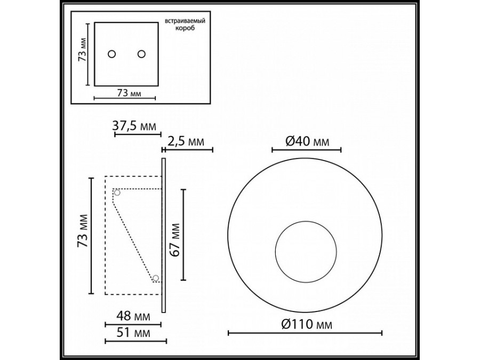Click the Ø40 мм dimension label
[306, 141]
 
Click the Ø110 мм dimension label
[305, 323]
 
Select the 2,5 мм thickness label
[186, 142]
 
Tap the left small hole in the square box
[112, 54]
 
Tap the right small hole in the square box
[141, 54]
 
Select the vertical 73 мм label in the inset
[81, 54]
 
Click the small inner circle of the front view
[305, 252]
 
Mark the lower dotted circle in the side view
[156, 278]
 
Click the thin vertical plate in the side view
[164, 235]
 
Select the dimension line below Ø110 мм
[305, 333]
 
